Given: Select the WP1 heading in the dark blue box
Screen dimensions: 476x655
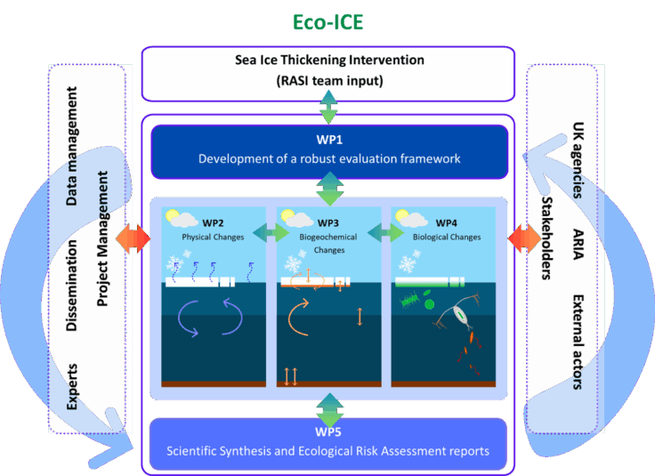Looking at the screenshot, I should pos(329,141).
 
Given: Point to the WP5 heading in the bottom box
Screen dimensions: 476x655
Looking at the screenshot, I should pos(328,433).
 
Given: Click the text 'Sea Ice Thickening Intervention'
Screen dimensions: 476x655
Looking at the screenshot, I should pos(327,61).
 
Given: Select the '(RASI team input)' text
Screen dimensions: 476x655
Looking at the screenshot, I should pos(327,81).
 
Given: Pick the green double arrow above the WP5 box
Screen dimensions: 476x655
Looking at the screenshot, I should pos(328,412).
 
